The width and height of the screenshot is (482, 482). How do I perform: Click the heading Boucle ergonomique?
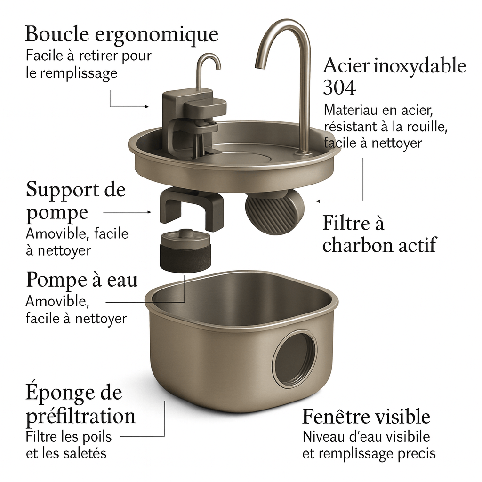[121, 34]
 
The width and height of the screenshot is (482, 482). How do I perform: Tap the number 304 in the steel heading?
[340, 88]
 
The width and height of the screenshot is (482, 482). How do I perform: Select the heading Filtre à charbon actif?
[379, 234]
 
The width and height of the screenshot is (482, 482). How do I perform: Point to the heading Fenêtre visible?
[366, 417]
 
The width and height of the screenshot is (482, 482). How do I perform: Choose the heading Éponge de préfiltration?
[80, 404]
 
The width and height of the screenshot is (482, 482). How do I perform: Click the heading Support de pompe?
[76, 201]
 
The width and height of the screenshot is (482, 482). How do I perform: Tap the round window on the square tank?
[295, 359]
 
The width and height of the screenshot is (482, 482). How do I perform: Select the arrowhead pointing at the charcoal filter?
[319, 201]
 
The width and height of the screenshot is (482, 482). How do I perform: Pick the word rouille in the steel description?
[428, 126]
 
